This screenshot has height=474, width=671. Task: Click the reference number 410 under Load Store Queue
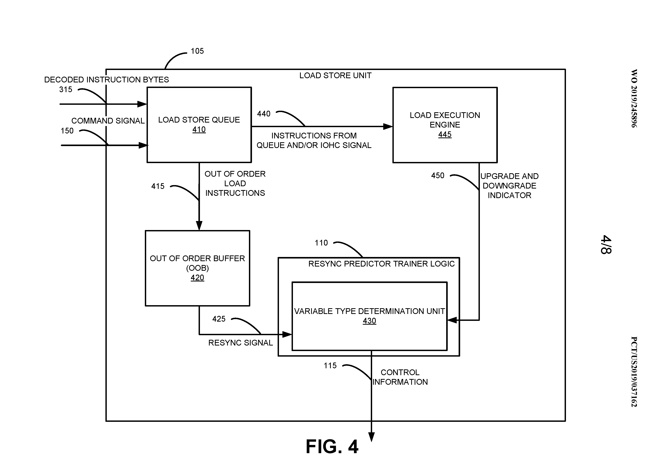199,129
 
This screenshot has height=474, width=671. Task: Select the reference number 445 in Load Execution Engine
444,134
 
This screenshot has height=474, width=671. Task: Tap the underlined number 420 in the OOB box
197,277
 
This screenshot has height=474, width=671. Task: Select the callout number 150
67,131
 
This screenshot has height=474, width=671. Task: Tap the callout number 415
158,186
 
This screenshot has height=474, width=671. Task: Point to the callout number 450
438,176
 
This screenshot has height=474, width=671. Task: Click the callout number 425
219,319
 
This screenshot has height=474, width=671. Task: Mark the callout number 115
330,366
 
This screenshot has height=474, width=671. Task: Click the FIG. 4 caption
332,447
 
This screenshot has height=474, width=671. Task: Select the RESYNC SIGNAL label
240,343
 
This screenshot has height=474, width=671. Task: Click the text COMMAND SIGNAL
108,121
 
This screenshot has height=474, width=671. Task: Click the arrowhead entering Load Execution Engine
388,126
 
